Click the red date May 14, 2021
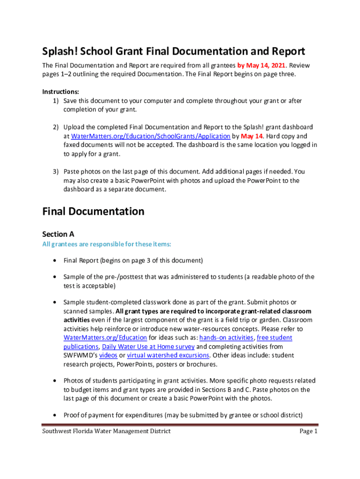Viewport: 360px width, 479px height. [264, 65]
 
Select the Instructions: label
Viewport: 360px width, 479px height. [60, 92]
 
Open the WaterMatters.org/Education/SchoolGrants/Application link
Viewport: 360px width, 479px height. [150, 136]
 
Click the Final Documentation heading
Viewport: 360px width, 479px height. [93, 211]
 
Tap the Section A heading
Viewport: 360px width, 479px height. [58, 234]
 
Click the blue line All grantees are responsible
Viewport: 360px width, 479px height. [107, 244]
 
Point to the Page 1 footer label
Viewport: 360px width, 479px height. [309, 431]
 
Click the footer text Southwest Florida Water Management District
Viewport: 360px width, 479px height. [106, 431]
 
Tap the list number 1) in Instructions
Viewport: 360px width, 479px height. [55, 101]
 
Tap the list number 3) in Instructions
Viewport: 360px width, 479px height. [55, 172]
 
